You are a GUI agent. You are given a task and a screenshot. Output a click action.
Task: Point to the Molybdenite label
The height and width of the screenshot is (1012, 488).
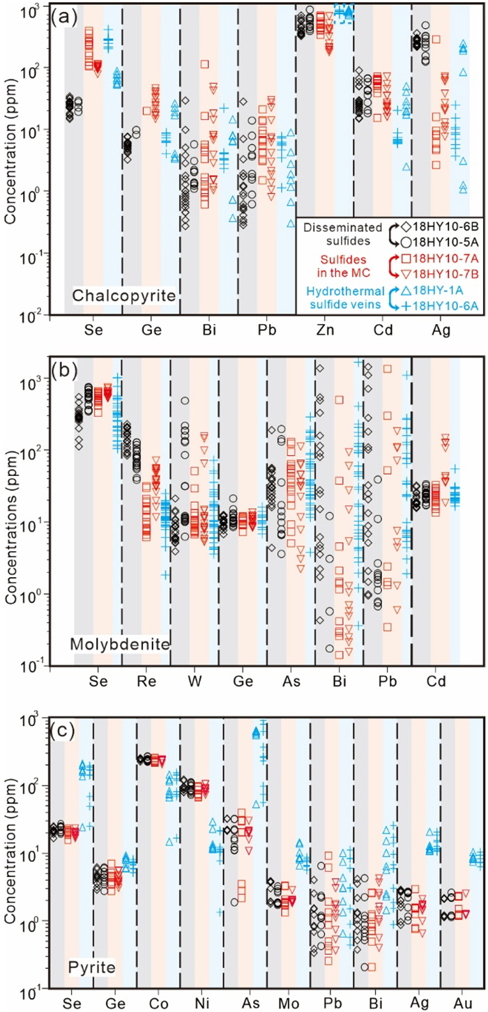[120, 645]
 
